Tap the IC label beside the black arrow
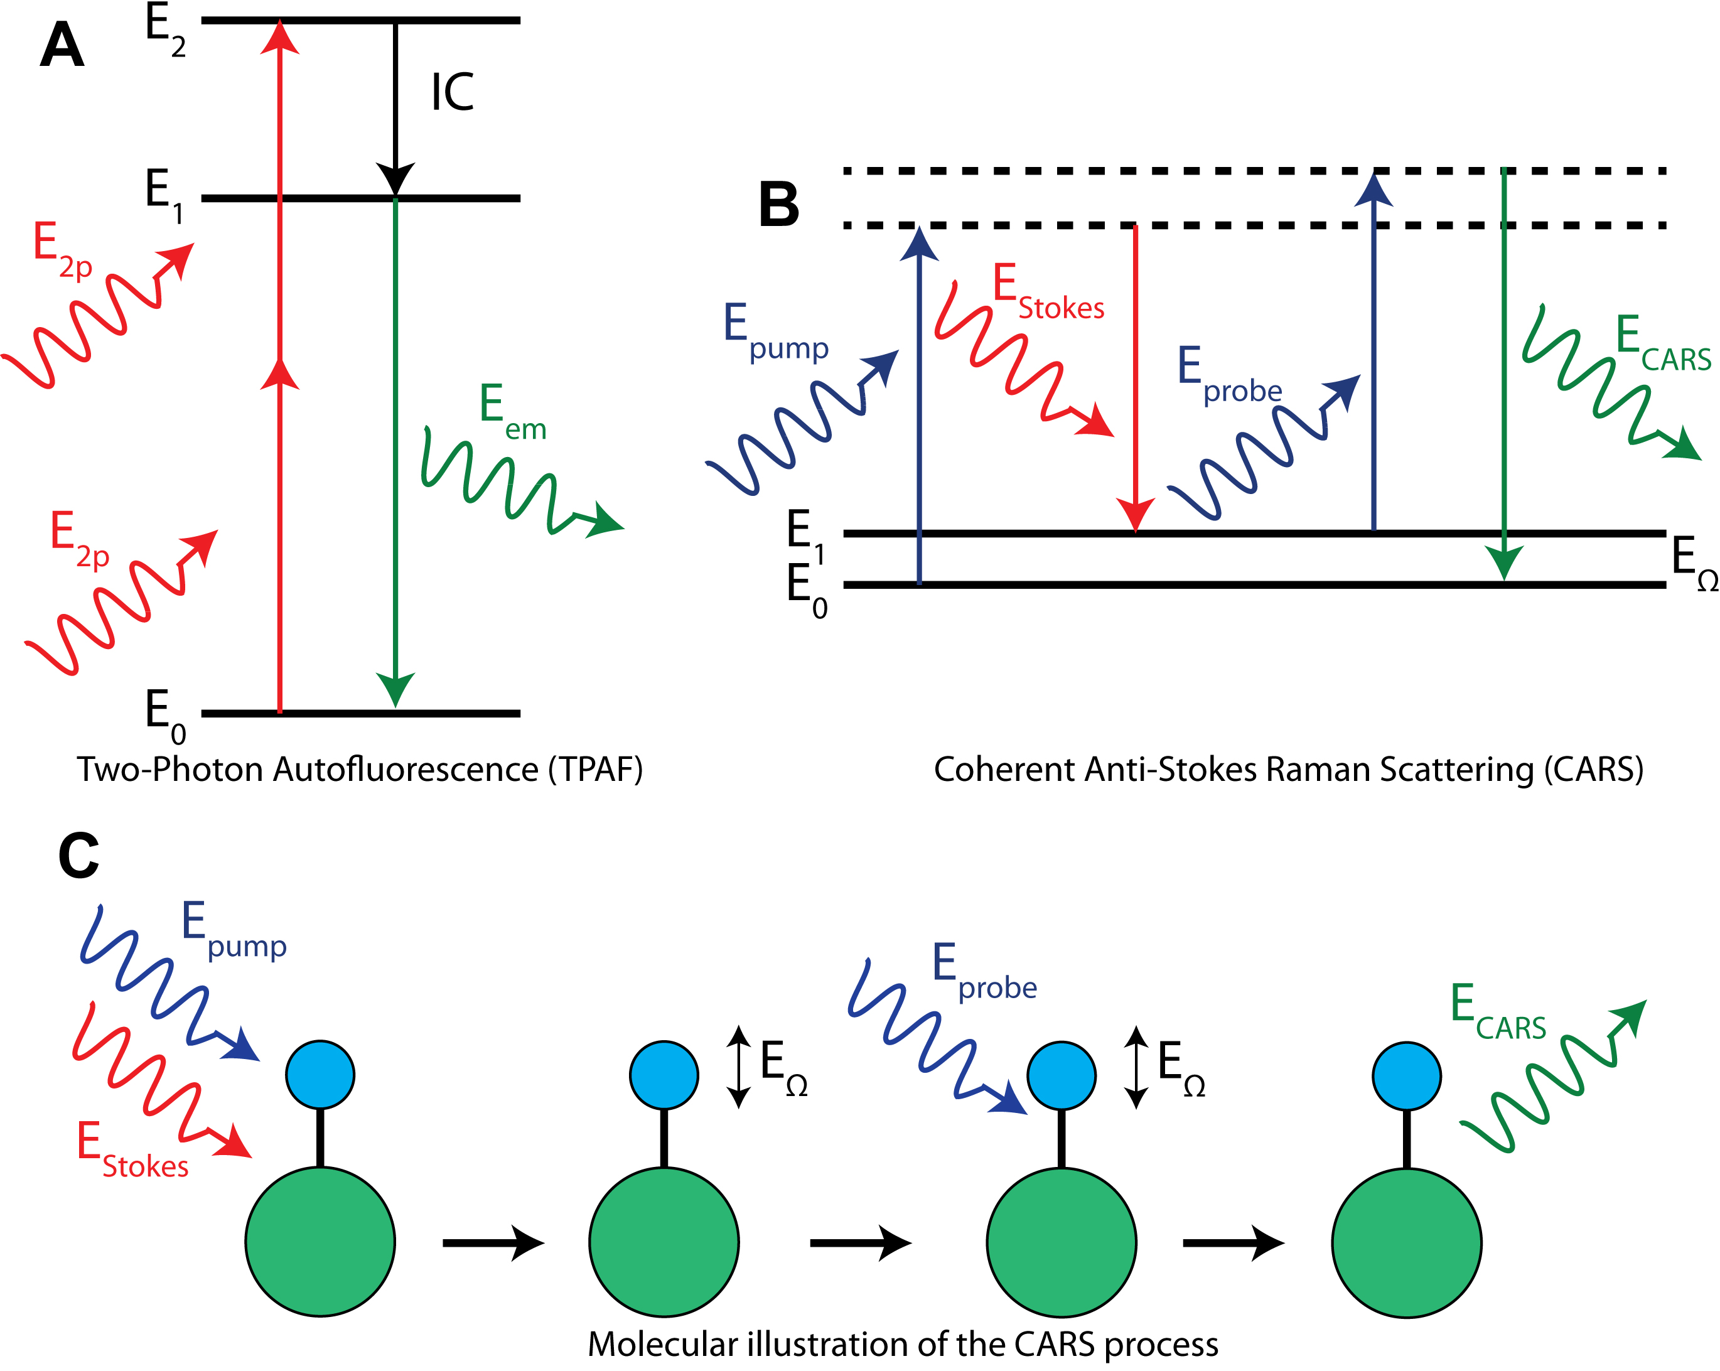(x=453, y=92)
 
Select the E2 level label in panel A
(x=165, y=30)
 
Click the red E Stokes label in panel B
(x=1046, y=294)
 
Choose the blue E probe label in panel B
(x=1228, y=377)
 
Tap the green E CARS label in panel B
(x=1662, y=345)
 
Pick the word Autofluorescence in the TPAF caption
(x=406, y=770)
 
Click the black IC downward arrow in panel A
(x=395, y=104)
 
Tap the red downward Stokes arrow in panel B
(x=1135, y=375)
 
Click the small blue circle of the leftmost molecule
(x=320, y=1074)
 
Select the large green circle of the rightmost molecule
(x=1407, y=1242)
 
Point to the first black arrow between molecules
(x=492, y=1242)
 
